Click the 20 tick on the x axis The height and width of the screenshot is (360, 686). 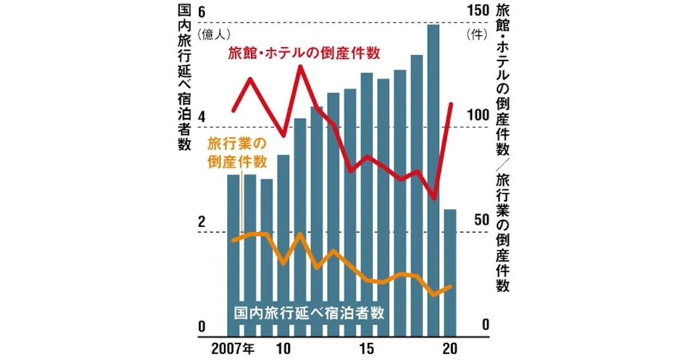tap(450, 348)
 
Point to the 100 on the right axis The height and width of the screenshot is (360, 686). tap(476, 115)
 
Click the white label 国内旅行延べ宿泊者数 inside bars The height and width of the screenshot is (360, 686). tap(309, 313)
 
